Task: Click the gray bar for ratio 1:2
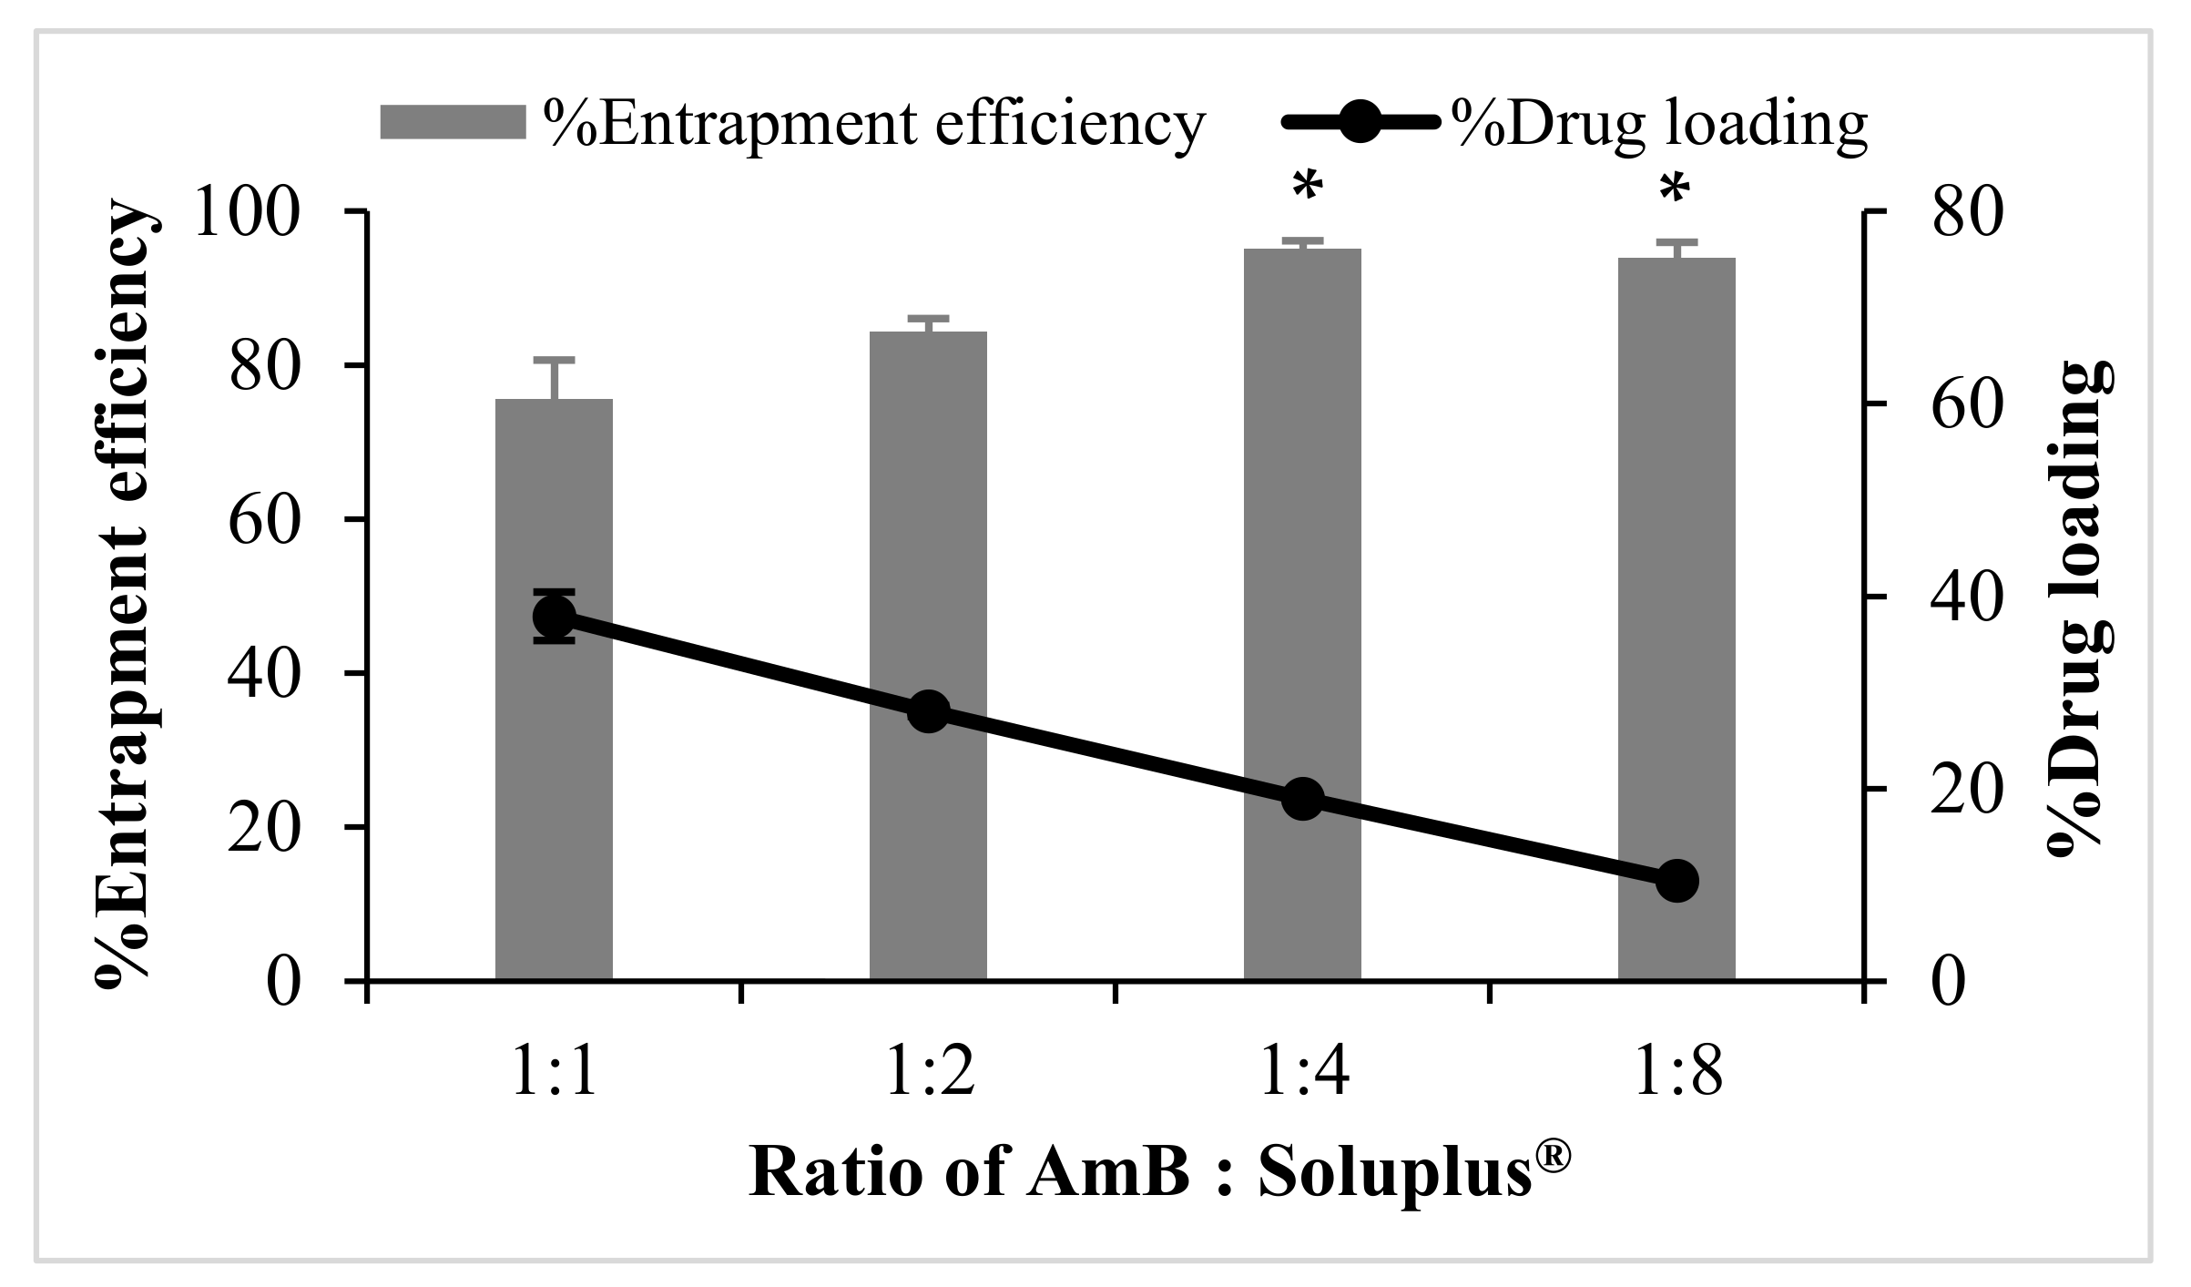(928, 546)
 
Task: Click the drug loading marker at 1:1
(554, 618)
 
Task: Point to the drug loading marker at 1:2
(929, 711)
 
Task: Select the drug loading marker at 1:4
(1302, 799)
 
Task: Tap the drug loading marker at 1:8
(1676, 881)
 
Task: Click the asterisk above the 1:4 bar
(1308, 189)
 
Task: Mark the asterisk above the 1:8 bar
(1674, 191)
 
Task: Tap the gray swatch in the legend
(453, 122)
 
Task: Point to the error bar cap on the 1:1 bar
(554, 360)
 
